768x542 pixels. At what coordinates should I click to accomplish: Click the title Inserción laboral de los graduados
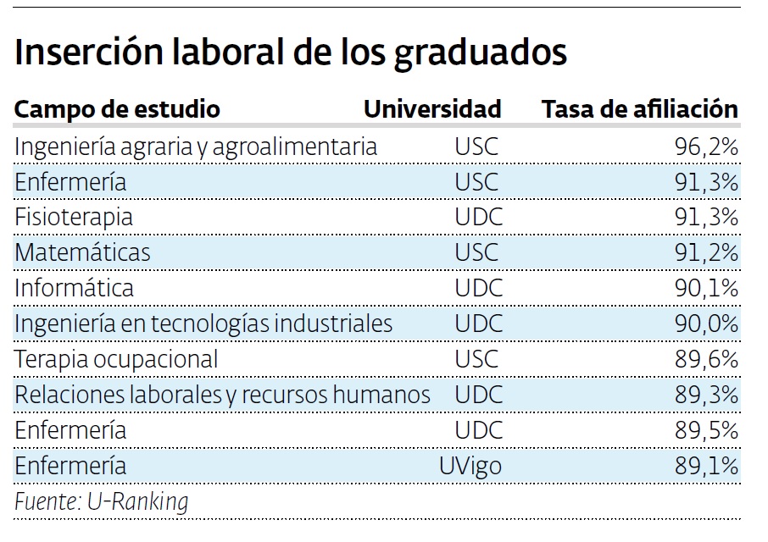tap(291, 53)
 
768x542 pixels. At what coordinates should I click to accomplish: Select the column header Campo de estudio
tap(117, 109)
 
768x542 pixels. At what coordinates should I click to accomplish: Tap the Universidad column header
tap(432, 109)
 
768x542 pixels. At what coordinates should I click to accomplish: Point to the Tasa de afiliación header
tap(640, 109)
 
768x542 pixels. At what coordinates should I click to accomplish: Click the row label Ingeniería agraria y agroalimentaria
tap(196, 147)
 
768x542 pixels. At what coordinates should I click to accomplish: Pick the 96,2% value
tap(706, 147)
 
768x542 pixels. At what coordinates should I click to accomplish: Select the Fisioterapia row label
tap(74, 217)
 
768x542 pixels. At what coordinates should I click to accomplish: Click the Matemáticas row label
tap(82, 252)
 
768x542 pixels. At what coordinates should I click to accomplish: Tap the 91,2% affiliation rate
tap(706, 252)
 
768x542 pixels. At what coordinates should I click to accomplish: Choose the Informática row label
tap(75, 288)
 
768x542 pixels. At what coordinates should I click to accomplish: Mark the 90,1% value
tap(706, 288)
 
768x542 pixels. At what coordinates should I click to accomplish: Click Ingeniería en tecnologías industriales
tap(203, 324)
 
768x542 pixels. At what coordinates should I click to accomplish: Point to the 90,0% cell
tap(706, 324)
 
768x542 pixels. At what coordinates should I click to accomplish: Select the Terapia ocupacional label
tap(116, 359)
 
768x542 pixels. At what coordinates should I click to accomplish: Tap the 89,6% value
tap(706, 359)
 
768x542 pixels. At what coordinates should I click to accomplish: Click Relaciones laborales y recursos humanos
tap(223, 395)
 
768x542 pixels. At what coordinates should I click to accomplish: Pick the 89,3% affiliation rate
tap(706, 395)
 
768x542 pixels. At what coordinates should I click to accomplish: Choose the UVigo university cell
tap(470, 466)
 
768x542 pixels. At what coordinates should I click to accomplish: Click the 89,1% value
tap(706, 466)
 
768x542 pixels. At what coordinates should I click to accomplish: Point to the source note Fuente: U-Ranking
tap(101, 501)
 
